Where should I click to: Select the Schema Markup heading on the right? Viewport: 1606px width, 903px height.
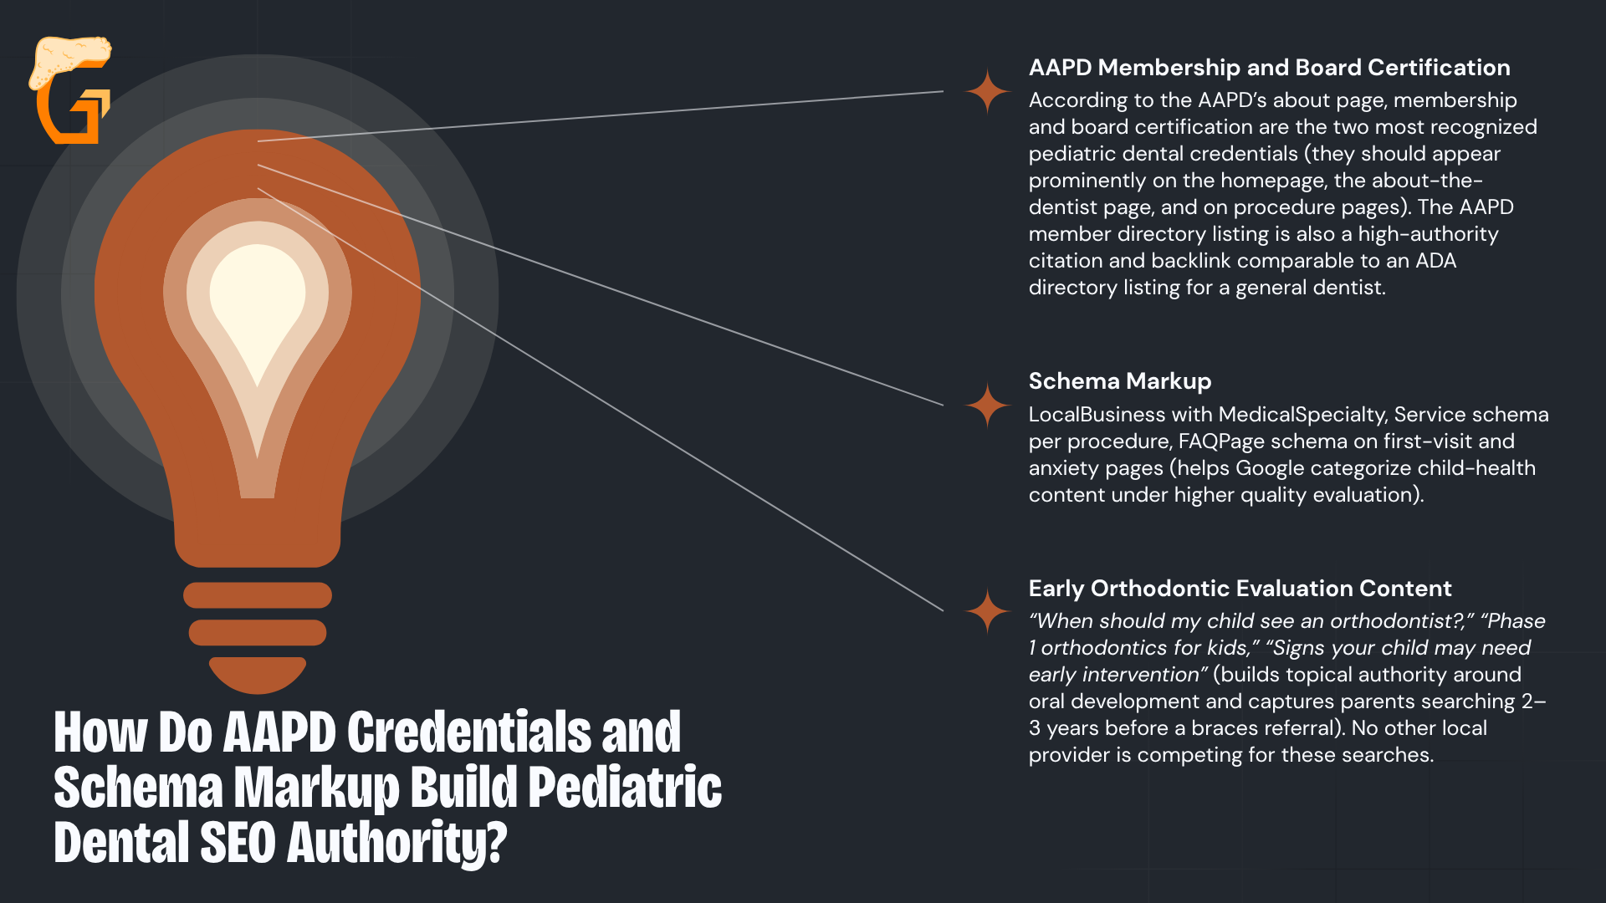point(1120,382)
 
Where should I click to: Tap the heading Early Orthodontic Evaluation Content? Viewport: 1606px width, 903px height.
point(1240,589)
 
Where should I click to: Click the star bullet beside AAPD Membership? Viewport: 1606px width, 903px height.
point(988,91)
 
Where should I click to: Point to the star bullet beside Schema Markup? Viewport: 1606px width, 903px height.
point(988,406)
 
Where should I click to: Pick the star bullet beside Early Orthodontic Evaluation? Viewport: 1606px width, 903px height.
point(988,611)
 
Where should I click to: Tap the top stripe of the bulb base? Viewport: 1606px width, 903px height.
point(258,595)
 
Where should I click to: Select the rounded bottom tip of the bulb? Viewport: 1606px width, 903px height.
point(258,675)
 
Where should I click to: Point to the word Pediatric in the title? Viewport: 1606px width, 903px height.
point(625,788)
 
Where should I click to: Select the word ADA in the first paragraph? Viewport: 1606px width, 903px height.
point(1435,261)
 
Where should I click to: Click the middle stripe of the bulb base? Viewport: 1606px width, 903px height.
point(258,632)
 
